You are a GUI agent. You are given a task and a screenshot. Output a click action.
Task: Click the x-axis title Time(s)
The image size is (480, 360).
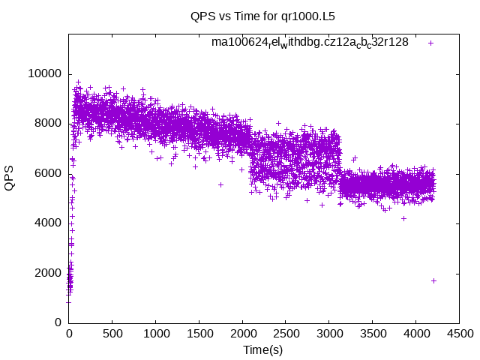(262, 349)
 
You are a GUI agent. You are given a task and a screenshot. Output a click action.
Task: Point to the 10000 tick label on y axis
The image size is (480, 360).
(44, 73)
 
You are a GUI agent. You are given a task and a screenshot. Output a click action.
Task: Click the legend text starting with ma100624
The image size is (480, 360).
(310, 43)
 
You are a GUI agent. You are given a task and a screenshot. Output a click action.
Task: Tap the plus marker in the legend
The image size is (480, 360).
(431, 43)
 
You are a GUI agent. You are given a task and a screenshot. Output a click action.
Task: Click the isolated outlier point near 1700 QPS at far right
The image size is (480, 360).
(433, 280)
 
